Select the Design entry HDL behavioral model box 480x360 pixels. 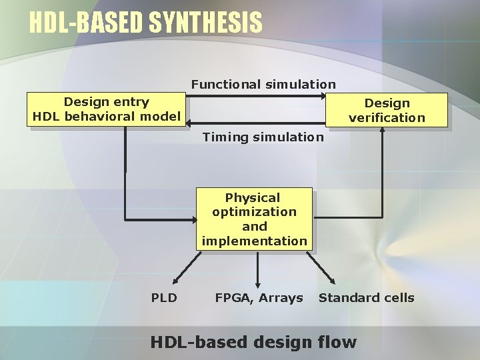coord(106,109)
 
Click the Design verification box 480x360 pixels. coord(387,110)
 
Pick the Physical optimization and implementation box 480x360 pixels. coord(254,219)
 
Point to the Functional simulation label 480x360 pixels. coord(263,85)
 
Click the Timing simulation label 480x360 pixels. coord(263,137)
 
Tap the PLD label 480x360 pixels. coord(164,298)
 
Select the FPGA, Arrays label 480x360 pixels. coord(259,298)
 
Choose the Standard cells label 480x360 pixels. coord(366,298)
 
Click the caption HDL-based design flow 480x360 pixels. coord(253,343)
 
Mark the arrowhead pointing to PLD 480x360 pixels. coord(175,280)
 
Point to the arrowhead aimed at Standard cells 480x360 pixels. coord(332,279)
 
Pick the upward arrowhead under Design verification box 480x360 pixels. coord(382,130)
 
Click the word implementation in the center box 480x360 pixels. coord(254,241)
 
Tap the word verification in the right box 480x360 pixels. coord(387,118)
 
